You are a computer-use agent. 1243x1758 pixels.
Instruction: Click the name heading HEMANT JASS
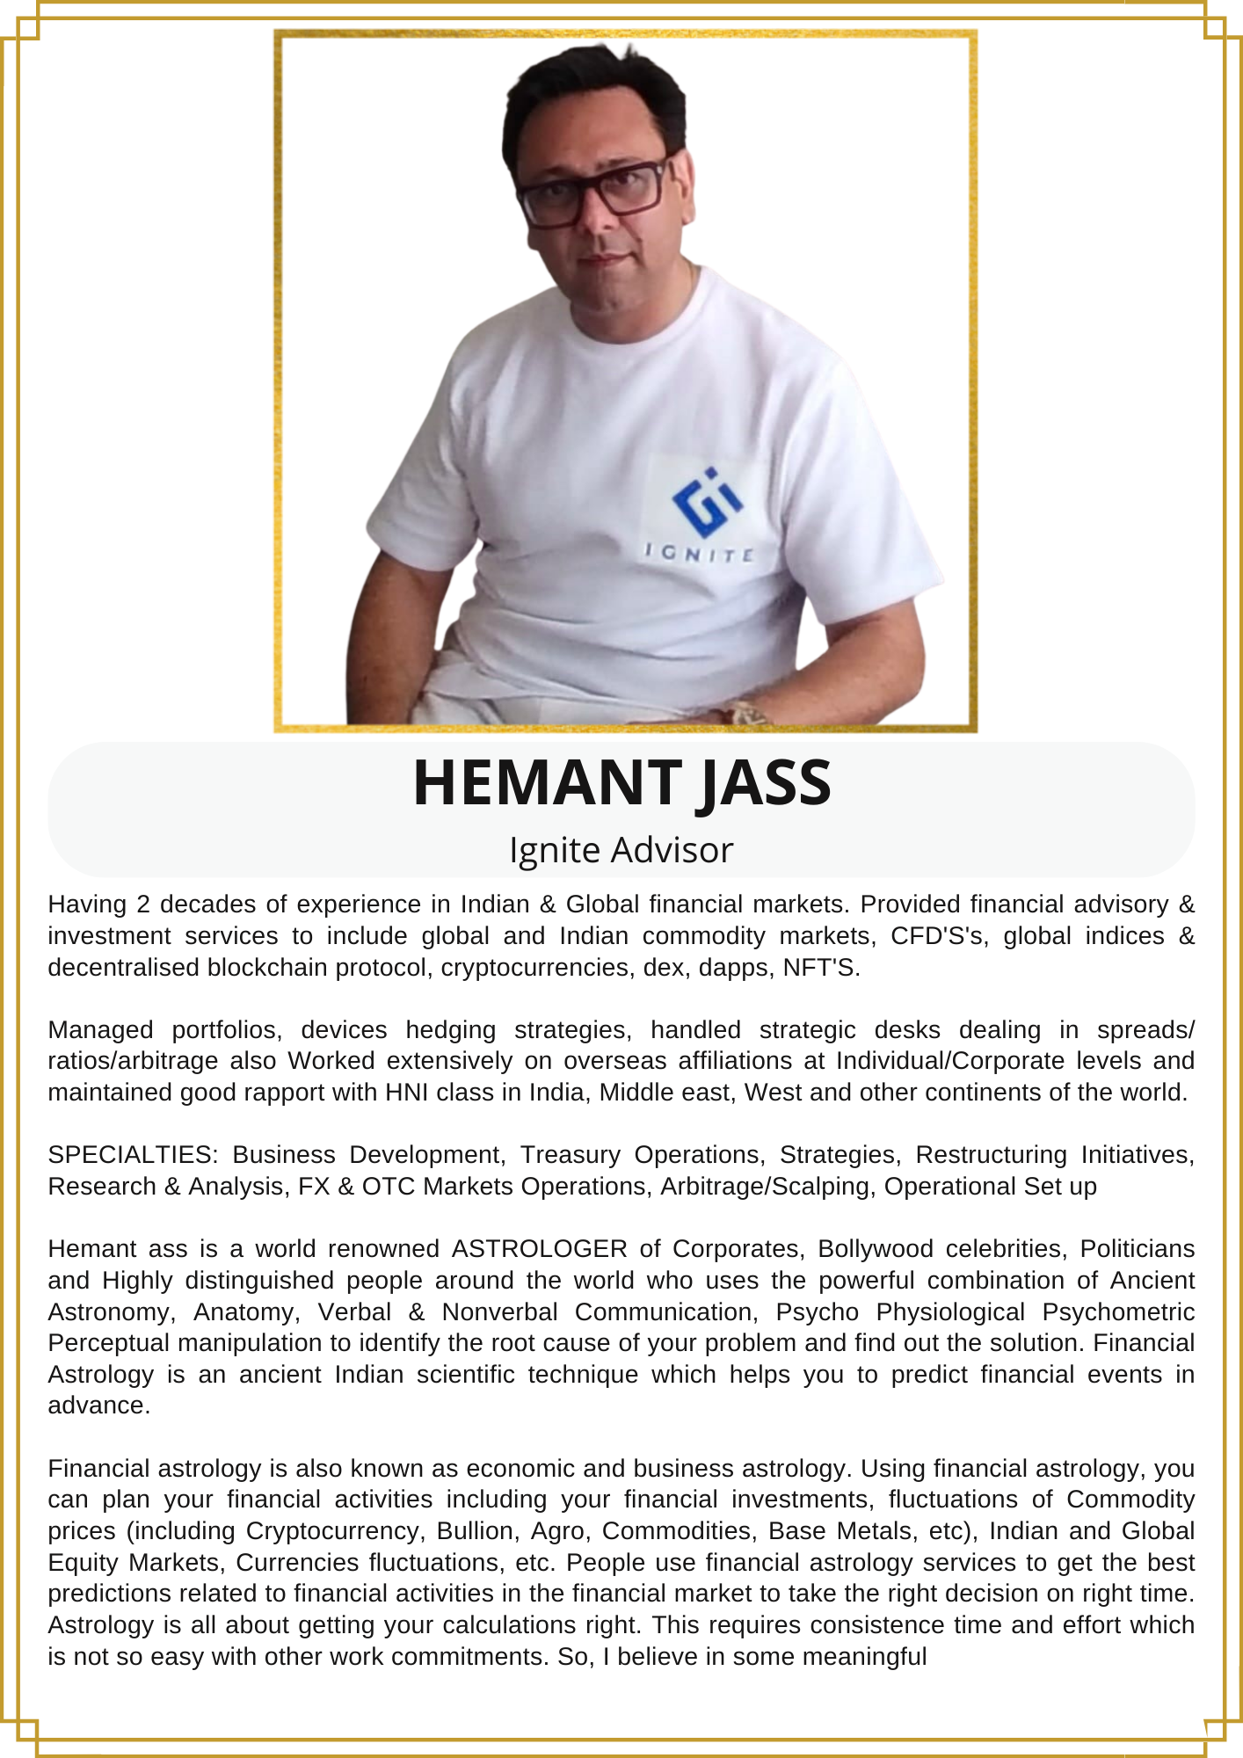click(x=621, y=782)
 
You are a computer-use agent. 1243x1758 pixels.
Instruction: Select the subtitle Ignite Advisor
click(x=621, y=850)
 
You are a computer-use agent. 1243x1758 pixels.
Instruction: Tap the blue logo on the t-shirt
click(x=707, y=502)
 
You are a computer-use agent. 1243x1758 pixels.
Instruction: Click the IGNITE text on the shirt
click(x=700, y=554)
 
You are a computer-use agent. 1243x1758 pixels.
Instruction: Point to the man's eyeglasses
click(x=594, y=189)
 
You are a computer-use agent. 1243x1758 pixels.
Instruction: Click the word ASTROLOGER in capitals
click(x=539, y=1248)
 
